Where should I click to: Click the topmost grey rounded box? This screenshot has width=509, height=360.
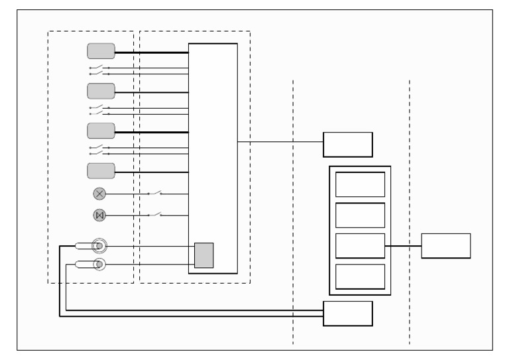(101, 51)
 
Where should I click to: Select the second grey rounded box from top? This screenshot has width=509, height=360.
(101, 90)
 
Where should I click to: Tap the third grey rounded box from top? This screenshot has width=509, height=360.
(101, 130)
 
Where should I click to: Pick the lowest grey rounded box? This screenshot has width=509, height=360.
(101, 170)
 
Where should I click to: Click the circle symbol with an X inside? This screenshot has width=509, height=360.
(99, 194)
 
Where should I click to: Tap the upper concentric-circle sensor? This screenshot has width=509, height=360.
(99, 246)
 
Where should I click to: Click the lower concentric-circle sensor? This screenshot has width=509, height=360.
(99, 265)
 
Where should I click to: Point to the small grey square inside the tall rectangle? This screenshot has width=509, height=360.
(204, 255)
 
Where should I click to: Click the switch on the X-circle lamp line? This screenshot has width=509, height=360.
(156, 193)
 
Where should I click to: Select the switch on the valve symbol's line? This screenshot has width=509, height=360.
(156, 215)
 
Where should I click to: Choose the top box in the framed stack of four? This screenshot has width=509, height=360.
(360, 184)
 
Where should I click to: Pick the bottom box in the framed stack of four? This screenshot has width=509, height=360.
(360, 276)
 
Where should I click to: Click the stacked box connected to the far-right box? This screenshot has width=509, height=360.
(360, 245)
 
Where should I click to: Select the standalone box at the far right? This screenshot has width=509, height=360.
(445, 245)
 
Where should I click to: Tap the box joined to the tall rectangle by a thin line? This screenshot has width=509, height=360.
(347, 144)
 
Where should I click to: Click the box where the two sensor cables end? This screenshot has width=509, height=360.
(347, 313)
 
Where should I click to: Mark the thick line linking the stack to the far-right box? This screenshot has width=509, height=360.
(403, 246)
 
